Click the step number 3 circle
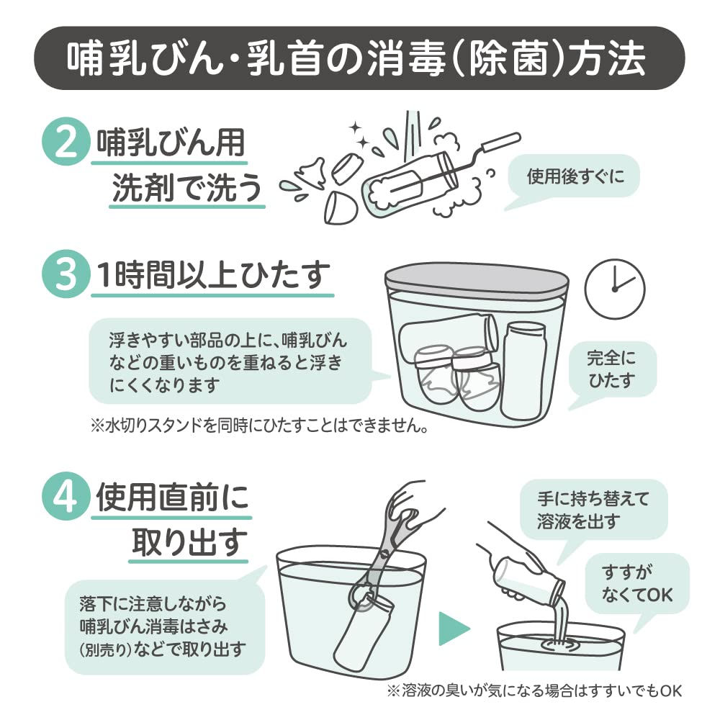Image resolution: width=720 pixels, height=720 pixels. coord(66,274)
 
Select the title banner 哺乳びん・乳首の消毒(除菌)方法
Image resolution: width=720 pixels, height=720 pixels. coord(359,58)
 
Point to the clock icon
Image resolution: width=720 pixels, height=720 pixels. coord(614,289)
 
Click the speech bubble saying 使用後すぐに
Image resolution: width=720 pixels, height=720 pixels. coord(574,177)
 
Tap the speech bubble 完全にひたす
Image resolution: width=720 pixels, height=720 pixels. coord(611,370)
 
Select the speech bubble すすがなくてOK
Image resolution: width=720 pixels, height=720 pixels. coord(637,584)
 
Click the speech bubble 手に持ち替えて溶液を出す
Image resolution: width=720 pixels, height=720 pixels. coord(593,510)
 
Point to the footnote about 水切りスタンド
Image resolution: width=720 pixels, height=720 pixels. coord(260,426)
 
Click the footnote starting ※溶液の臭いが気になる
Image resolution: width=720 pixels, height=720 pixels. coord(534,690)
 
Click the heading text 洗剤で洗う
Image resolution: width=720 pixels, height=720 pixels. coord(187,188)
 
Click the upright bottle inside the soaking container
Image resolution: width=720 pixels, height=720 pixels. coord(524,370)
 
